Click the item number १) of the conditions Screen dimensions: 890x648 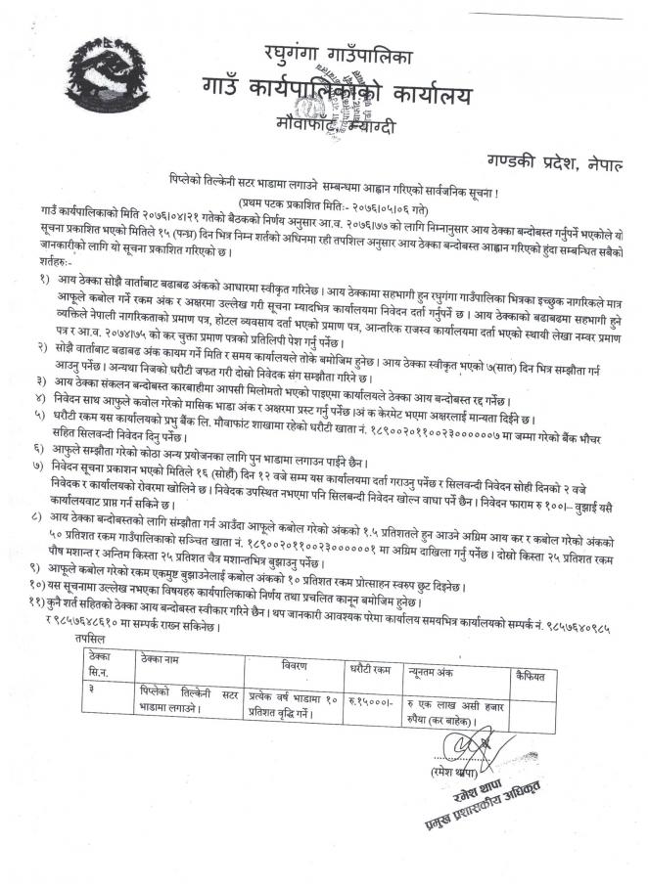click(46, 281)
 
